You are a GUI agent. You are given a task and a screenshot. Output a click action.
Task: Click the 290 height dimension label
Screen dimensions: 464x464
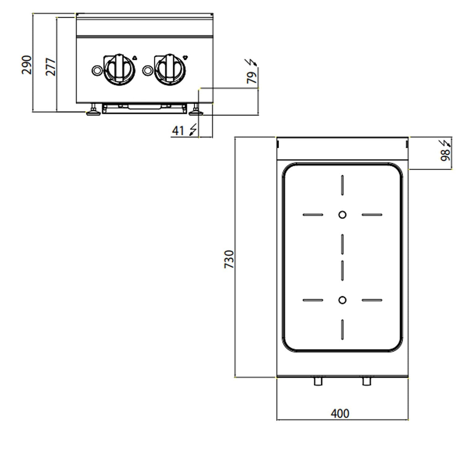point(27,65)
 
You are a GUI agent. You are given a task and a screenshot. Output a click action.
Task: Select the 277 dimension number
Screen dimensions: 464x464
point(51,67)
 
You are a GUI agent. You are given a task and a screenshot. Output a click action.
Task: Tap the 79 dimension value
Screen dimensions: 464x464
point(252,77)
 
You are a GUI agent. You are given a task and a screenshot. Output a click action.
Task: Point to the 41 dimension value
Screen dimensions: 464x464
point(178,131)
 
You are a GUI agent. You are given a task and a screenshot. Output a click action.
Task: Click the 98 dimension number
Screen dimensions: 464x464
point(445,155)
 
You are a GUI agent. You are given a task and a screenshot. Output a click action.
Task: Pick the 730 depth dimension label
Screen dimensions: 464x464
point(229,259)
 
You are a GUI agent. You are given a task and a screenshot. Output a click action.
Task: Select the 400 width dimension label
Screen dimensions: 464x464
point(340,414)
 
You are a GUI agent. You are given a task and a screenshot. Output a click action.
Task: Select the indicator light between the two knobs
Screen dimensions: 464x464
point(148,70)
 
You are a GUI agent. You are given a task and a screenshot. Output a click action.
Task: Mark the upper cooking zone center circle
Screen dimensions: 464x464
point(342,214)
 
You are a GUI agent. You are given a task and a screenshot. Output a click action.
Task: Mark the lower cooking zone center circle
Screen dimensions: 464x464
point(342,300)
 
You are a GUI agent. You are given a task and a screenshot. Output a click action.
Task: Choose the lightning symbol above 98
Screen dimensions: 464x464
point(446,143)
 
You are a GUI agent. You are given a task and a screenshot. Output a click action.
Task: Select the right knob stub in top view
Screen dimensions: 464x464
point(367,381)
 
